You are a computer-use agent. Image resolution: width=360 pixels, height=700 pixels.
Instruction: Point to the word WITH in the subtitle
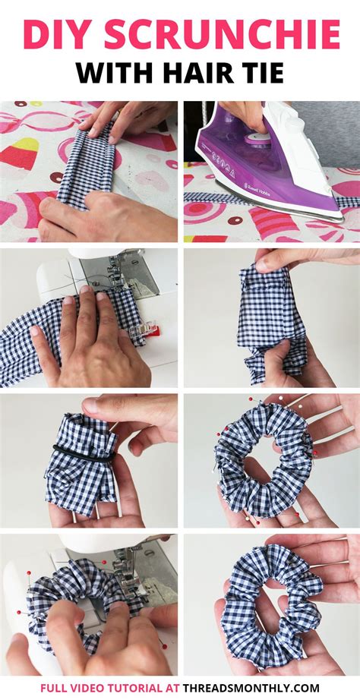pos(120,73)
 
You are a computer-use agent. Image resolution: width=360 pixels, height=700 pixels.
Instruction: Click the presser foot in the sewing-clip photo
pos(122,273)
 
